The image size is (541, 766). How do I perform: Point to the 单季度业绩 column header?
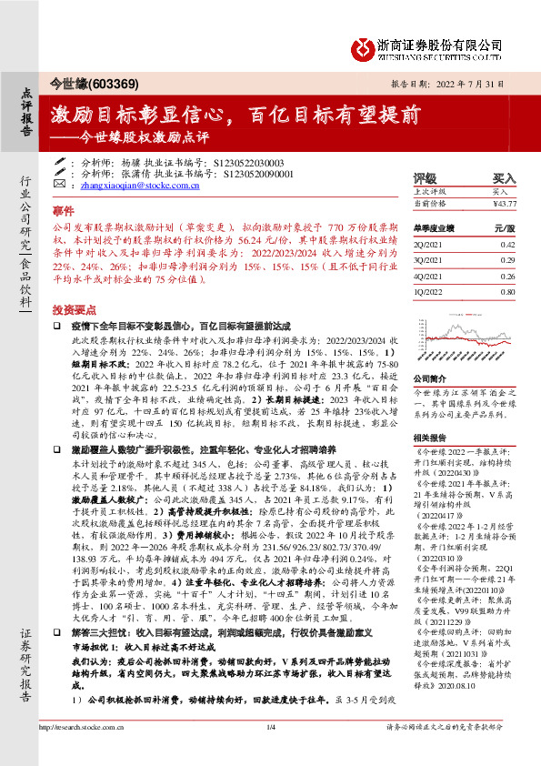click(x=436, y=229)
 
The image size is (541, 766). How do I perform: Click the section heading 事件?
click(x=63, y=208)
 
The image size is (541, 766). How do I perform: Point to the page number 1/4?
click(x=270, y=752)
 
